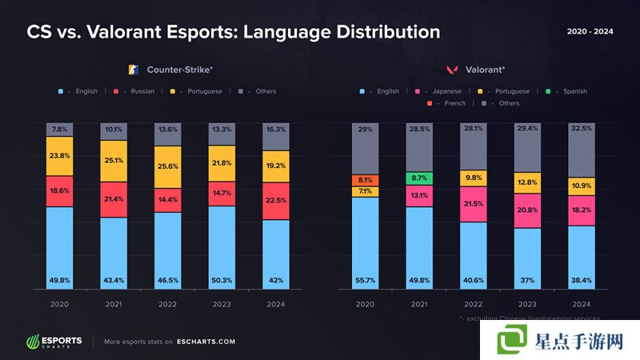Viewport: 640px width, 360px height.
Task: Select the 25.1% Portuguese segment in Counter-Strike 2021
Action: pos(114,161)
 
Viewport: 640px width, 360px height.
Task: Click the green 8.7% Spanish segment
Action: pos(418,178)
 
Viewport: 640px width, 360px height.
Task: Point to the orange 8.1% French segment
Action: pos(365,180)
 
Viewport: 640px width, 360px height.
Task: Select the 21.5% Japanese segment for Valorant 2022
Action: pos(474,204)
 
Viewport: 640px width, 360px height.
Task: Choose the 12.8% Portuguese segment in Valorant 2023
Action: pos(528,182)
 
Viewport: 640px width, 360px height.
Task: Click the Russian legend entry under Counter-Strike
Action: pos(136,91)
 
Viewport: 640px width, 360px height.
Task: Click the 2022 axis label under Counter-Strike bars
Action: pos(167,304)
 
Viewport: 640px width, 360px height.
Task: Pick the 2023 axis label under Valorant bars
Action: pos(528,304)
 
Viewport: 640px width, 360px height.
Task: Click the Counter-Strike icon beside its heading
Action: pos(134,70)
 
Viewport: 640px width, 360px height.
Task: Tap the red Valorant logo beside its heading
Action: pos(451,70)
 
